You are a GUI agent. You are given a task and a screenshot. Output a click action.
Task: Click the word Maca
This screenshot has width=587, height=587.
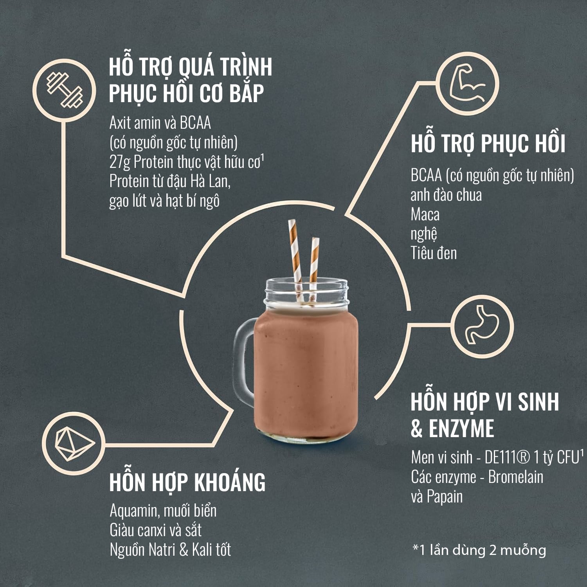click(425, 214)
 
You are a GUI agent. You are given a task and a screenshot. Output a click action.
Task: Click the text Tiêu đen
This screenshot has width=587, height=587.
click(434, 253)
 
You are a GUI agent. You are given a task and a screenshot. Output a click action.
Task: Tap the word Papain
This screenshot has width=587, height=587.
click(445, 497)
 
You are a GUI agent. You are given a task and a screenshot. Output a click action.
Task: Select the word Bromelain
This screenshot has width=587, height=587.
click(516, 477)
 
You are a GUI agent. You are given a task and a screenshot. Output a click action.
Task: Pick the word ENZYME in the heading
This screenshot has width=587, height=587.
click(461, 428)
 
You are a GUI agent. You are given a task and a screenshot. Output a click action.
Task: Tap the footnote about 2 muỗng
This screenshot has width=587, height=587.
click(479, 550)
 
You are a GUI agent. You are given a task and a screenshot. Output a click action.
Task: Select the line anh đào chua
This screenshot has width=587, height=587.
click(446, 195)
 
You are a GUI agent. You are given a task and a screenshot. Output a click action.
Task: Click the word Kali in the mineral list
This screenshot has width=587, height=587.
click(201, 550)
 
